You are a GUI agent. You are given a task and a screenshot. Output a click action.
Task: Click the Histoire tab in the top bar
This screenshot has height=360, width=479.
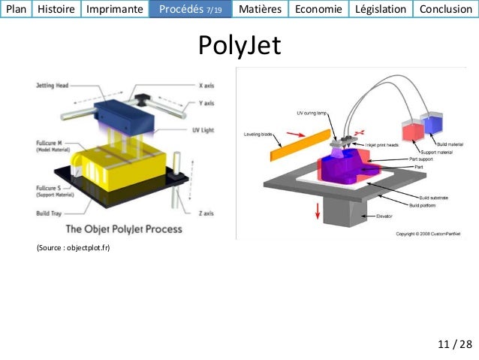(x=56, y=9)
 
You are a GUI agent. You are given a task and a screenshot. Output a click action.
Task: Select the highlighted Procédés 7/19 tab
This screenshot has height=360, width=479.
(x=191, y=9)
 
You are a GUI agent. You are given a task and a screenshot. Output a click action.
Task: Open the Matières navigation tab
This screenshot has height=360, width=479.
(x=260, y=9)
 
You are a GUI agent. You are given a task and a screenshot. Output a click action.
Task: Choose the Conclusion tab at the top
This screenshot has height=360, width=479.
(x=447, y=9)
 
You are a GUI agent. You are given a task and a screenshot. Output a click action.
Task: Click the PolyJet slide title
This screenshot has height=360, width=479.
(x=239, y=45)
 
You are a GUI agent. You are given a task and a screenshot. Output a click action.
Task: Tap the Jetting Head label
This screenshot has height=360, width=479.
(x=53, y=86)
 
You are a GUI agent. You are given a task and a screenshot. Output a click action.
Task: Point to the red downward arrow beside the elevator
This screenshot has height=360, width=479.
(x=318, y=210)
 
